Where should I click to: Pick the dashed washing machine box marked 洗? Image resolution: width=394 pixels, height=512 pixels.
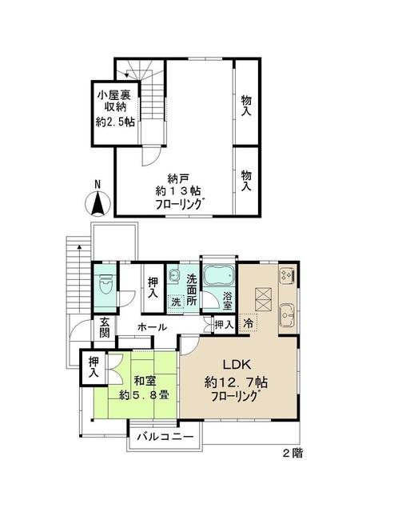click(177, 302)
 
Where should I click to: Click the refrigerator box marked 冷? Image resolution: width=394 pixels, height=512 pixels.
click(248, 324)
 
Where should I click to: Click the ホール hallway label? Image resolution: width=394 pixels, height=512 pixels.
click(152, 327)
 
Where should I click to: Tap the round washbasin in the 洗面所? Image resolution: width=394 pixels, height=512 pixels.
click(176, 278)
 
